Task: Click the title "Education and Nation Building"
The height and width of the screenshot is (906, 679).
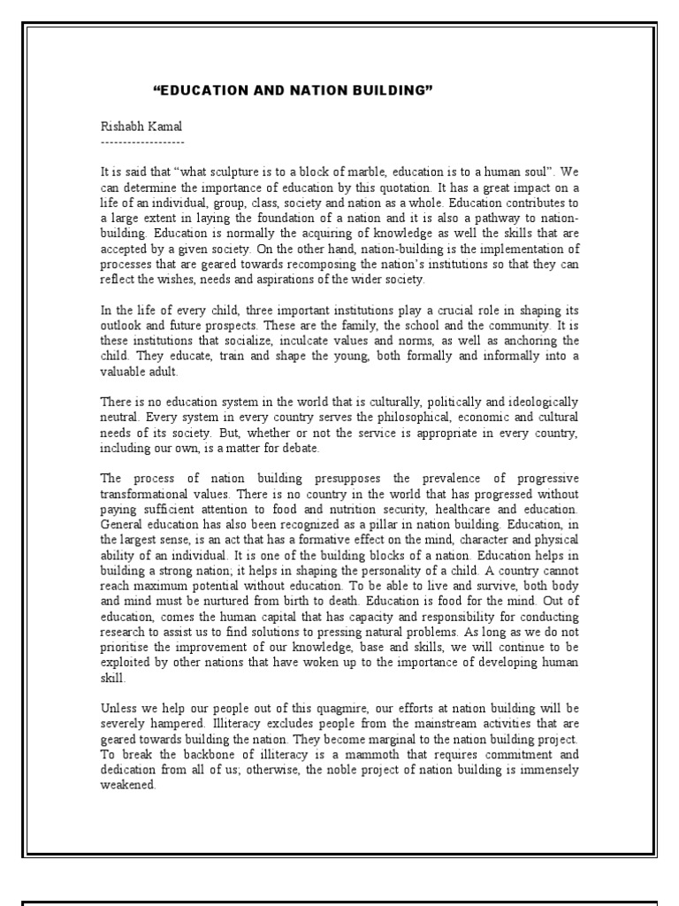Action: [x=280, y=90]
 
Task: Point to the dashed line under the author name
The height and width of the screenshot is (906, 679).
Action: [x=142, y=141]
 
